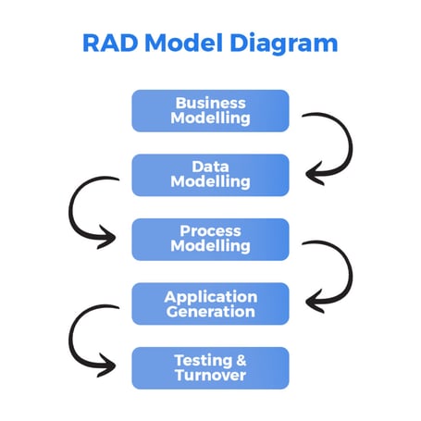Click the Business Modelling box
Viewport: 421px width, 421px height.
(210, 111)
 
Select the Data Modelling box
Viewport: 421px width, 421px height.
(210, 175)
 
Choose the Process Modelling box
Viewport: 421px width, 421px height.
(210, 239)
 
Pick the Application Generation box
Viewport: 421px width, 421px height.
(210, 303)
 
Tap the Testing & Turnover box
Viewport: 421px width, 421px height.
(210, 367)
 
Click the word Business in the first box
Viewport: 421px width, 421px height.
(210, 103)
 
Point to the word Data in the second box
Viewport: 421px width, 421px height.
(210, 167)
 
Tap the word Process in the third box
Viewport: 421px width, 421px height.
(210, 230)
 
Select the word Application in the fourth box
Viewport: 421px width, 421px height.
(210, 296)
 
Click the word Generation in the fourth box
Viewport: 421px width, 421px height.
(210, 312)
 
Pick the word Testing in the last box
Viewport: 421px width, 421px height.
(202, 360)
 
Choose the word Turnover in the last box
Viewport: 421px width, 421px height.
(210, 376)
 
